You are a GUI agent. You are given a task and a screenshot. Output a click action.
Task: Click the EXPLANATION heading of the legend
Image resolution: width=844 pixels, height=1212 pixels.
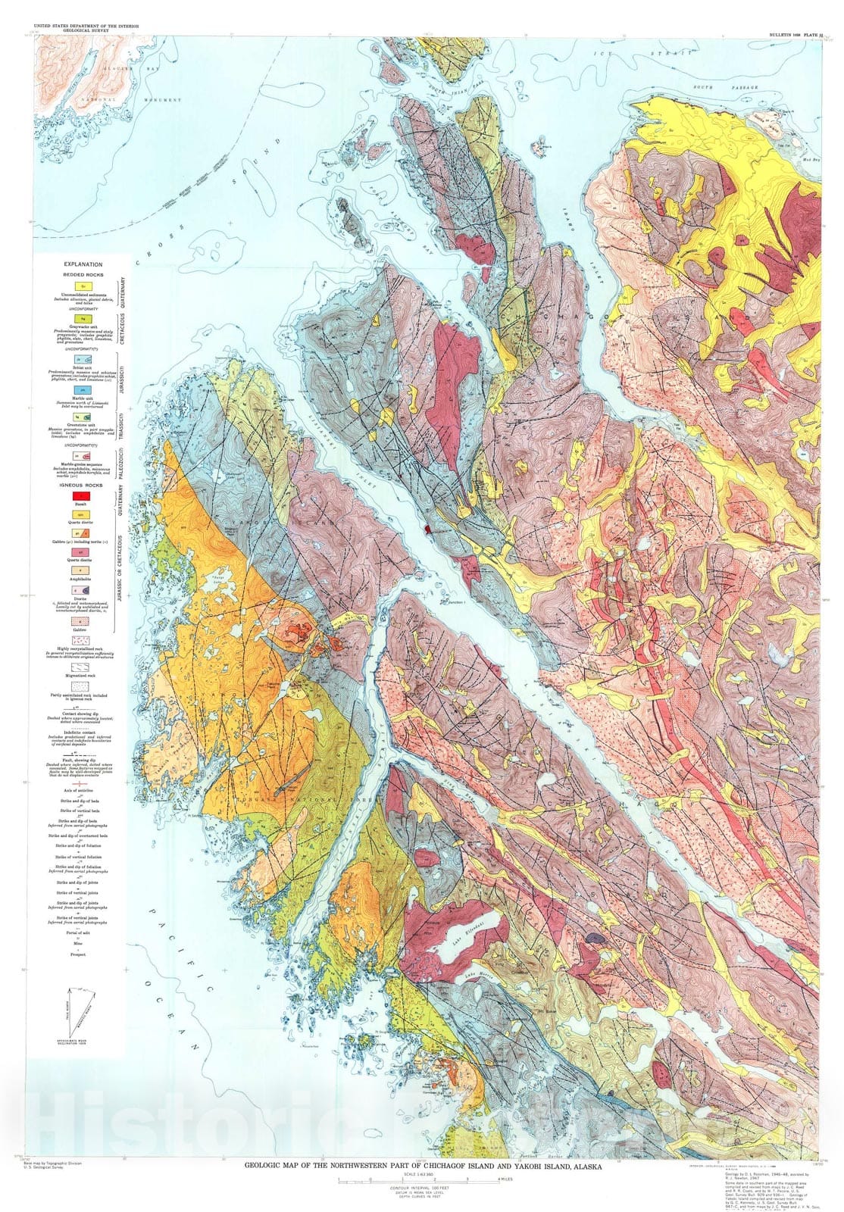83,264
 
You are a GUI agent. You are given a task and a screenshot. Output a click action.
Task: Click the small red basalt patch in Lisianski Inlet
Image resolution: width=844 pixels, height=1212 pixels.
428,529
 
